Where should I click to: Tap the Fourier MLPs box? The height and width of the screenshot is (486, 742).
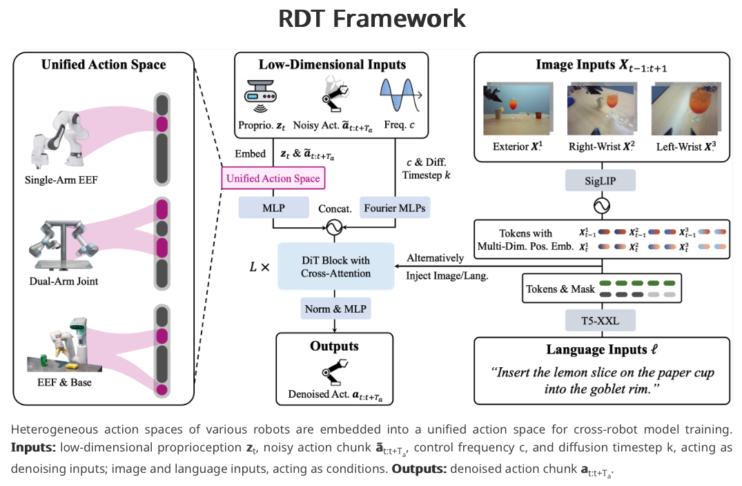click(396, 207)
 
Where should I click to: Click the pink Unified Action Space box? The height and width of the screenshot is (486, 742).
click(273, 179)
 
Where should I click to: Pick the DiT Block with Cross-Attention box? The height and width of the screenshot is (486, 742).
click(335, 266)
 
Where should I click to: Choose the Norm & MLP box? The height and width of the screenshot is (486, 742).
click(335, 309)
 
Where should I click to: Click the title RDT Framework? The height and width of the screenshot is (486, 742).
click(371, 19)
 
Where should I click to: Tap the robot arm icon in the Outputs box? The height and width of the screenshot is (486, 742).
click(336, 373)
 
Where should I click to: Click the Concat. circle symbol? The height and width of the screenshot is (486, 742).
click(335, 226)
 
